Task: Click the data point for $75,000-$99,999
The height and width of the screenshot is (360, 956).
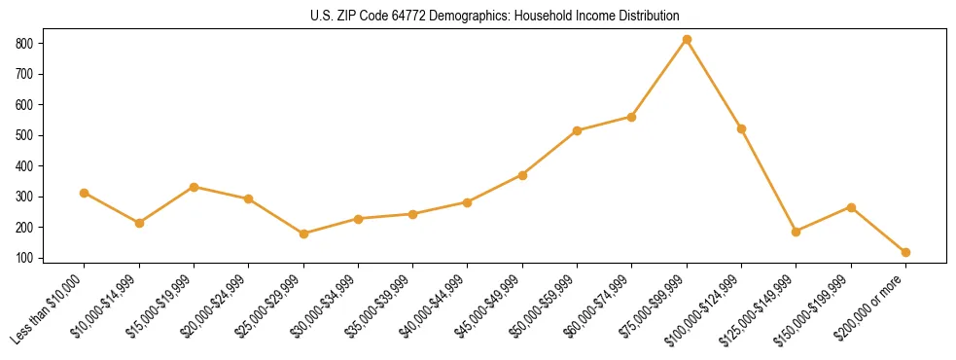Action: pos(687,39)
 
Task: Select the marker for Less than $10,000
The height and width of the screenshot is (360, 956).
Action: pos(85,193)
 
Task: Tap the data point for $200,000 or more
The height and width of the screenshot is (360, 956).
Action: pos(905,252)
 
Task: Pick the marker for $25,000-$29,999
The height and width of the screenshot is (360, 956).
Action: pos(303,234)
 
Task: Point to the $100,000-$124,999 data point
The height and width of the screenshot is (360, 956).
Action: pos(741,128)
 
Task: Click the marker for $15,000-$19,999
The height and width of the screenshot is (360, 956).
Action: pos(195,187)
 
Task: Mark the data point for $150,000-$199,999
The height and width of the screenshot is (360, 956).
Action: pos(851,207)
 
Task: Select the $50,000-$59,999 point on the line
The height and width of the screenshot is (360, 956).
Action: pos(577,130)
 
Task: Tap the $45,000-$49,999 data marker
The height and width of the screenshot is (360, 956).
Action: pos(522,175)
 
